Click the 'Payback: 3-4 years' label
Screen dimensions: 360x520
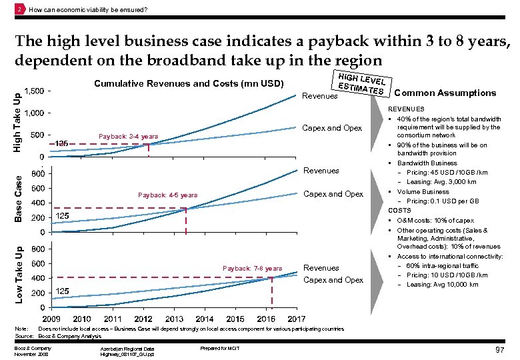(x=128, y=137)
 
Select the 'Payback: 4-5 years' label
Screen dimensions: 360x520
(x=167, y=195)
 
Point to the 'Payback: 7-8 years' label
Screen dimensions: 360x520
(x=252, y=269)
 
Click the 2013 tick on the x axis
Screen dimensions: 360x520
(x=175, y=319)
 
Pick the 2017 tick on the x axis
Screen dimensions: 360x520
(x=297, y=319)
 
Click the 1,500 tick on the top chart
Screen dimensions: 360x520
(x=35, y=91)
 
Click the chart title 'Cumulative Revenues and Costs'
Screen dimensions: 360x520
(x=180, y=84)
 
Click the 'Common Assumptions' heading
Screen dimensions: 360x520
(x=445, y=93)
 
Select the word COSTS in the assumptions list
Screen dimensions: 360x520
(x=400, y=210)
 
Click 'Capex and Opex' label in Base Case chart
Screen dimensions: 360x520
(x=333, y=194)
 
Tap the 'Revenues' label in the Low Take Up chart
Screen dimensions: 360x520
(x=321, y=268)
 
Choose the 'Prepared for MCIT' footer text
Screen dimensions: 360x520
(x=219, y=349)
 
